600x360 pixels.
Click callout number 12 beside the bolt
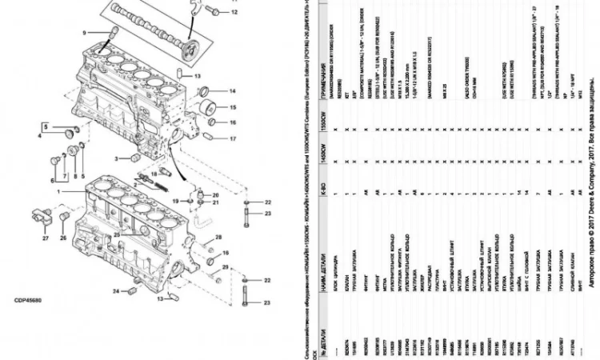pyautogui.click(x=234, y=14)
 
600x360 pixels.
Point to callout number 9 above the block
pyautogui.click(x=82, y=32)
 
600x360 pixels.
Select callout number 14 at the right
pyautogui.click(x=233, y=90)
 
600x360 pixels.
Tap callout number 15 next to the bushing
pyautogui.click(x=233, y=106)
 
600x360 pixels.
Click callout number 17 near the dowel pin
pyautogui.click(x=233, y=139)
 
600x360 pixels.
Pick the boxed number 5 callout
pyautogui.click(x=46, y=127)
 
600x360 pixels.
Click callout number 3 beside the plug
pyautogui.click(x=115, y=158)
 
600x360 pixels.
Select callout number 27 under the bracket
pyautogui.click(x=45, y=238)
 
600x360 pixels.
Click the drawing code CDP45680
pyautogui.click(x=29, y=303)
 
